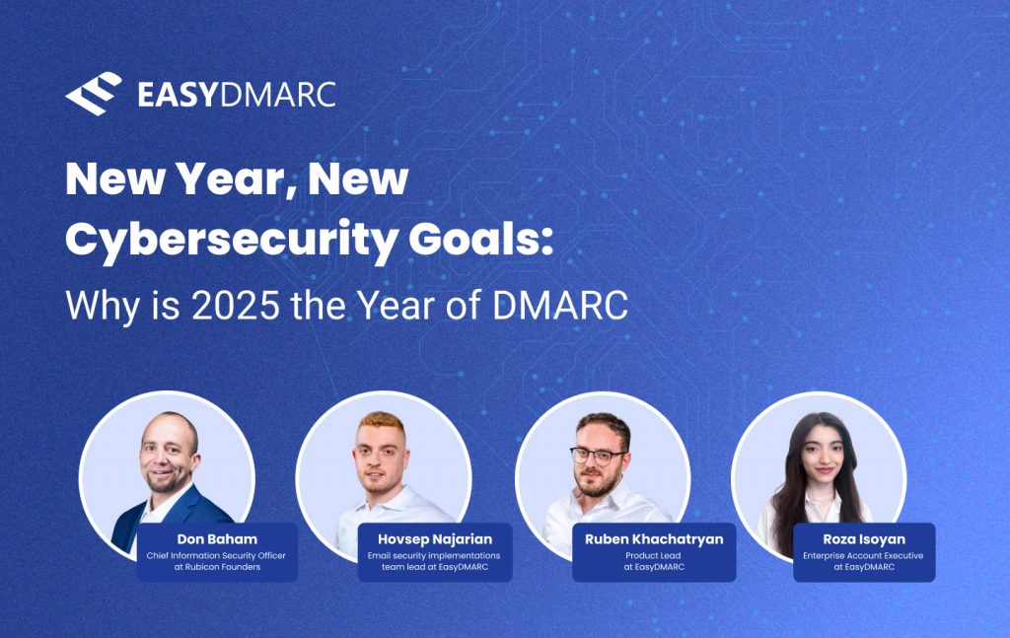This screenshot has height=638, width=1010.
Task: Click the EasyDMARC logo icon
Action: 93,94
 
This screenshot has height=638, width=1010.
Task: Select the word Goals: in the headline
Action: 477,240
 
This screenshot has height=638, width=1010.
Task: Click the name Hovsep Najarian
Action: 434,539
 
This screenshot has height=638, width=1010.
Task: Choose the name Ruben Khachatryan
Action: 653,539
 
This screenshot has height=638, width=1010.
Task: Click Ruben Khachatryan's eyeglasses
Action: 597,456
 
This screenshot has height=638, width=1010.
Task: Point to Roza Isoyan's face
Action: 817,460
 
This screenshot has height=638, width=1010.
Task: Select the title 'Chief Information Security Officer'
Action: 217,555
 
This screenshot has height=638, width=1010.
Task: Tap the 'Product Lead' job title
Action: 653,555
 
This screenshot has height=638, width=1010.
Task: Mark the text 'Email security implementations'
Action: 434,555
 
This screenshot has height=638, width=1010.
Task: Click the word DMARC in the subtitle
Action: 558,306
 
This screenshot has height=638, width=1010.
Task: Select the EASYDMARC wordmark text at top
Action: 237,95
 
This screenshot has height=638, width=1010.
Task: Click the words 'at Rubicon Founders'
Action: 217,567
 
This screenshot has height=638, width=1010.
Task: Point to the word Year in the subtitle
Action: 419,306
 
